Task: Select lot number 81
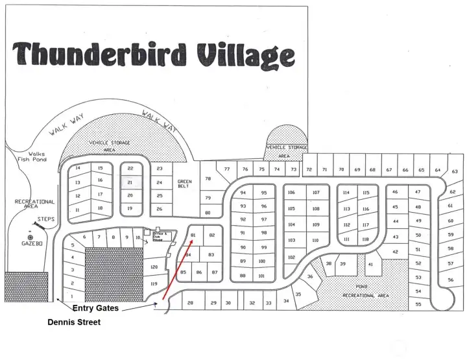(193, 235)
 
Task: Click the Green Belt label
(185, 184)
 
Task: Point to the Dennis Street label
(74, 322)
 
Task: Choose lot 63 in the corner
(455, 172)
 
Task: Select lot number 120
(154, 267)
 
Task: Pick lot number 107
(316, 193)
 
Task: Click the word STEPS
(45, 219)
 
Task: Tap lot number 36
(310, 276)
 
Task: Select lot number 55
(418, 304)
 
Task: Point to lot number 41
(370, 264)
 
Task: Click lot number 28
(190, 303)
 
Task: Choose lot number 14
(78, 168)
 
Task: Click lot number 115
(366, 193)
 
